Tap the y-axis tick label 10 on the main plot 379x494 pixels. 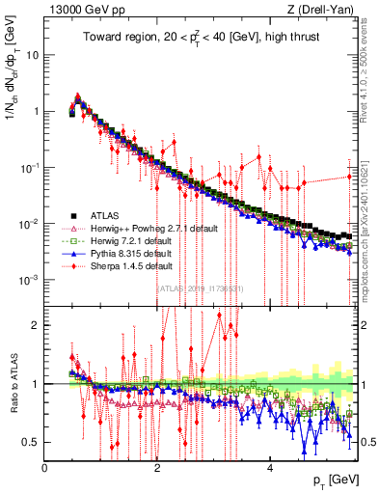pos(33,55)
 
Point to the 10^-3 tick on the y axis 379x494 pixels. pos(30,280)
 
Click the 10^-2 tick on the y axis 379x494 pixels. pos(30,224)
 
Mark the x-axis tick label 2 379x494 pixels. pos(157,468)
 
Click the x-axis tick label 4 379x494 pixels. pos(270,468)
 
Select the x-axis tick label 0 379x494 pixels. pos(45,468)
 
